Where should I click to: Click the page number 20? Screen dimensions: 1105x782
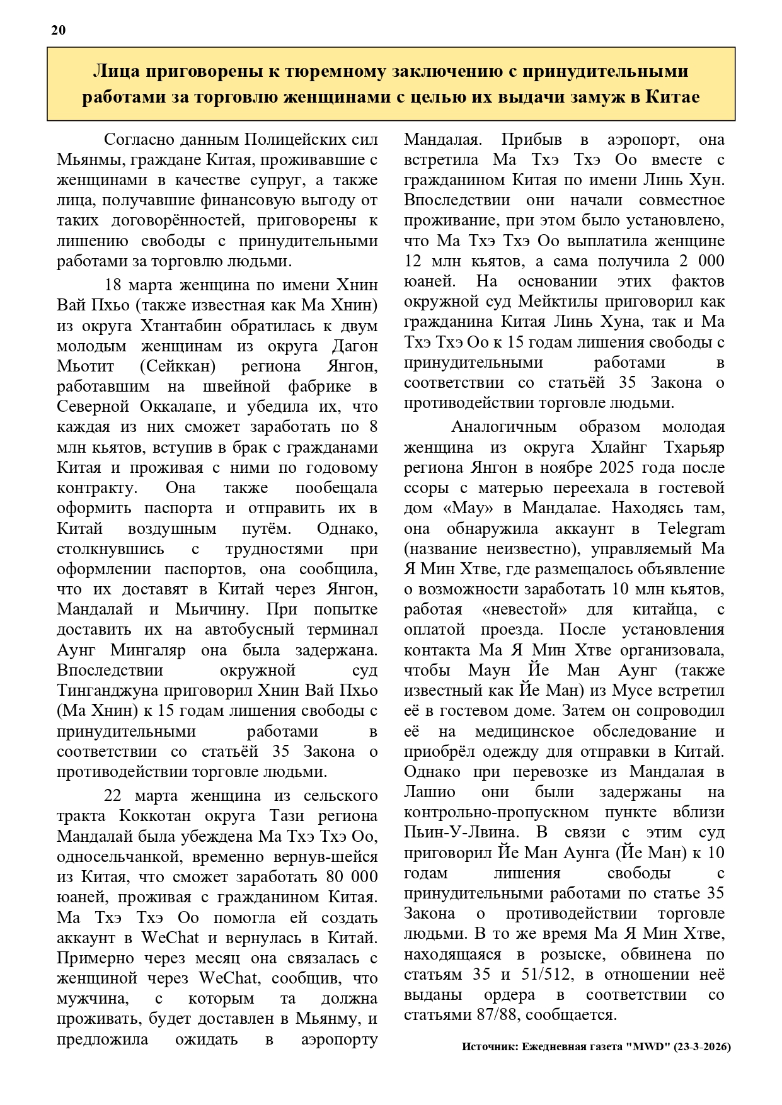(x=59, y=30)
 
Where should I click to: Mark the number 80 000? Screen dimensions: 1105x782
(x=352, y=877)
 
